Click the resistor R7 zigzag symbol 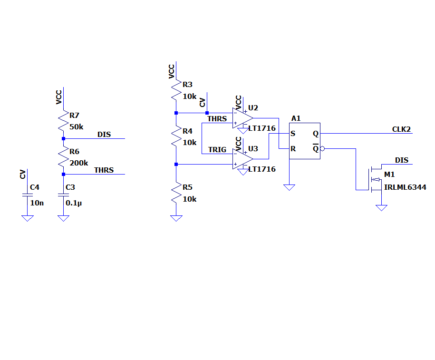pyautogui.click(x=64, y=120)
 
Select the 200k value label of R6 pyautogui.click(x=79, y=163)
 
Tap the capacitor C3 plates pyautogui.click(x=64, y=195)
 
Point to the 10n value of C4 pyautogui.click(x=37, y=203)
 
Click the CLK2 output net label pyautogui.click(x=401, y=129)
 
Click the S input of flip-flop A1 pyautogui.click(x=293, y=134)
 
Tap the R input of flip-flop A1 pyautogui.click(x=293, y=149)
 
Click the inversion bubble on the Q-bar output pyautogui.click(x=322, y=149)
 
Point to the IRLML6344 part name pyautogui.click(x=405, y=187)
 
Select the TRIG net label pyautogui.click(x=217, y=150)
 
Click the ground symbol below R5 pyautogui.click(x=176, y=218)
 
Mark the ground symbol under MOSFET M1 pyautogui.click(x=381, y=208)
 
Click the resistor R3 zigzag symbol pyautogui.click(x=176, y=90)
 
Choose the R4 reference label pyautogui.click(x=187, y=131)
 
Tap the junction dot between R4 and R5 pyautogui.click(x=176, y=165)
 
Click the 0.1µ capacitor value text pyautogui.click(x=74, y=203)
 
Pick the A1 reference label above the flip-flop pyautogui.click(x=296, y=118)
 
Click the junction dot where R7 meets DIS pyautogui.click(x=64, y=138)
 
